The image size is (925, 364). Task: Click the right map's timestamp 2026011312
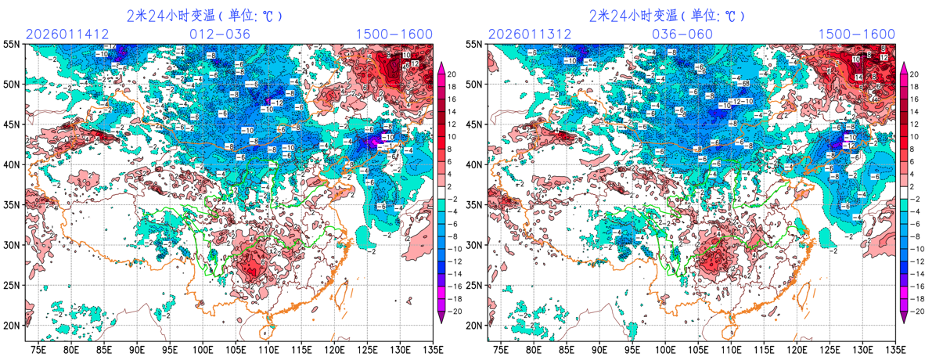(529, 34)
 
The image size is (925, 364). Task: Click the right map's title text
(667, 15)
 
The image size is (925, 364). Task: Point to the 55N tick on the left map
(13, 44)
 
